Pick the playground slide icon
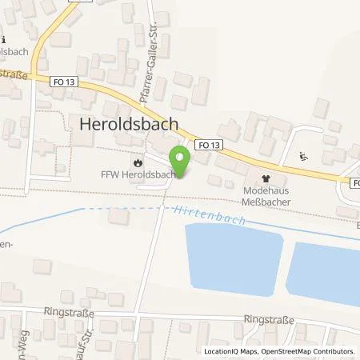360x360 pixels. pos(302,157)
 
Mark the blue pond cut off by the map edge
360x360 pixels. pos(323,270)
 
